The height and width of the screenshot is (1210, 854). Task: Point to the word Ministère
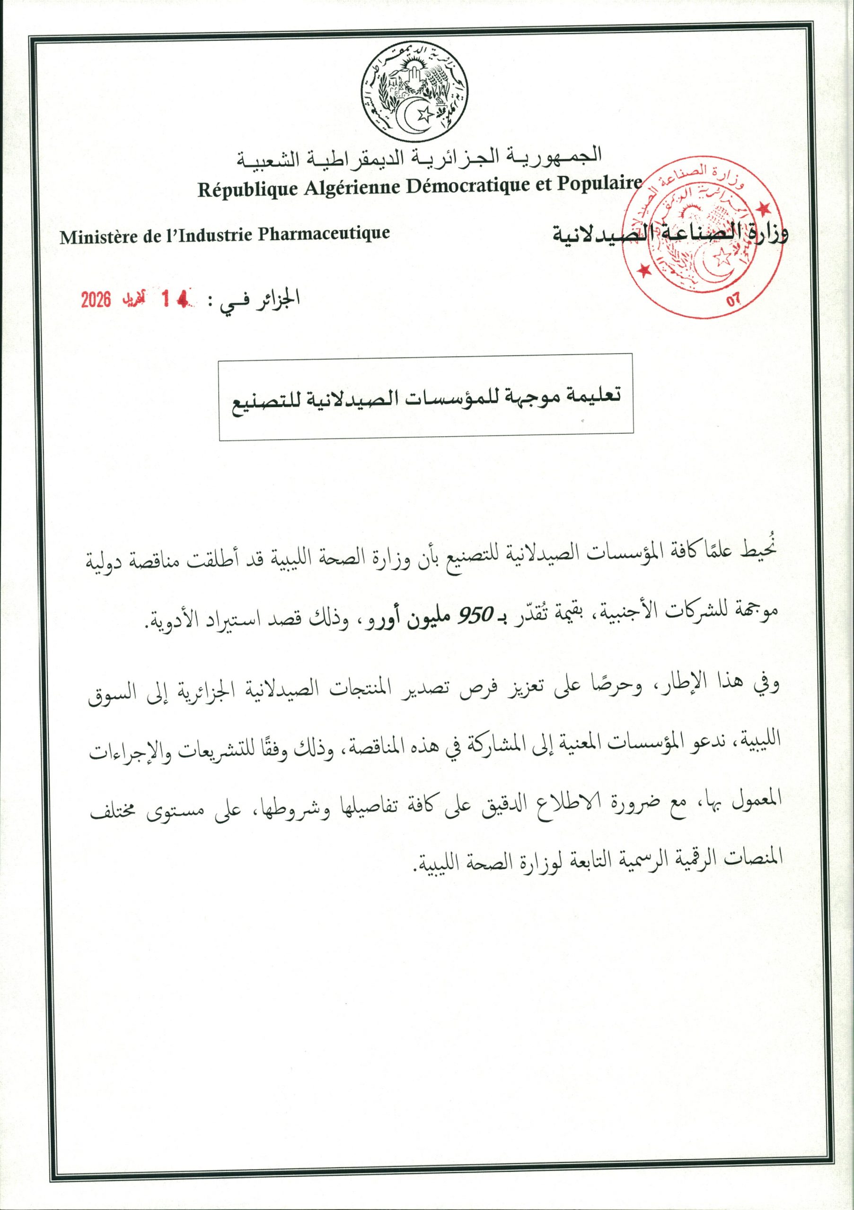coord(96,237)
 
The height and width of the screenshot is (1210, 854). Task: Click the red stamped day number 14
coord(174,299)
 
